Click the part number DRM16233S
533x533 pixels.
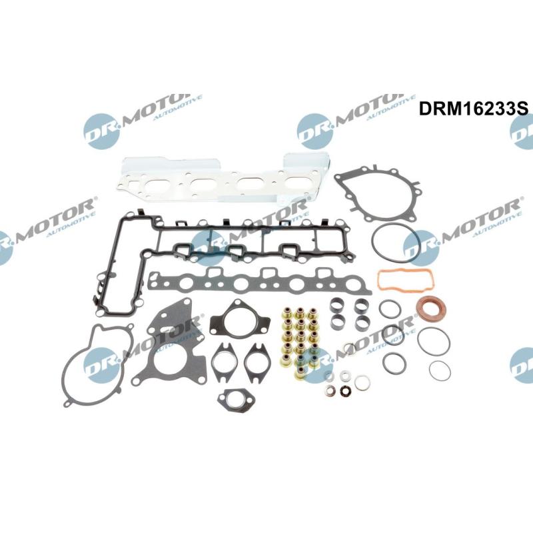click(474, 109)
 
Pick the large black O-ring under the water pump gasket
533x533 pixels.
click(395, 243)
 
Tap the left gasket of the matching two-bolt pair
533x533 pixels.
click(223, 362)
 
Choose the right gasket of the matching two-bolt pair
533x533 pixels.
click(258, 362)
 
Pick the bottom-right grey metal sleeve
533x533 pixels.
click(362, 322)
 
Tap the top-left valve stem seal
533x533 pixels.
click(287, 314)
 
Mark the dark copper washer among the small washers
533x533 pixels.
click(344, 391)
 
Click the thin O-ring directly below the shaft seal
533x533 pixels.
click(434, 342)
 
